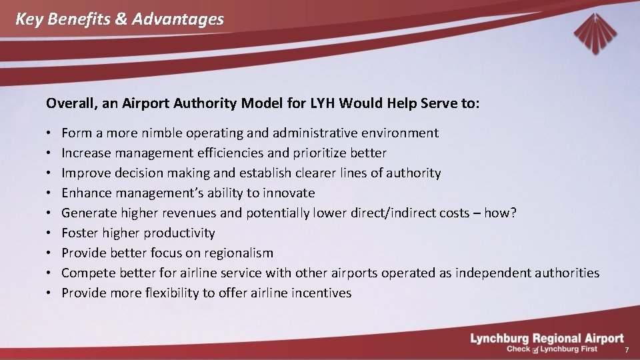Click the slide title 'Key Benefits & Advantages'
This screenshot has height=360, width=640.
coord(119,19)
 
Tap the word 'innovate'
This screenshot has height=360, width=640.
coord(289,193)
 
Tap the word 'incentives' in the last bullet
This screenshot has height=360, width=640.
coord(319,293)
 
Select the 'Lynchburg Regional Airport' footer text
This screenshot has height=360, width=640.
coord(547,339)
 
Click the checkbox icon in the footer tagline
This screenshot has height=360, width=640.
coord(535,350)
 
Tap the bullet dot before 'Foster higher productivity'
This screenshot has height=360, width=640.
coord(50,233)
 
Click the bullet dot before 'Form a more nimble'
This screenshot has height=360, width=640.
coord(50,133)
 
